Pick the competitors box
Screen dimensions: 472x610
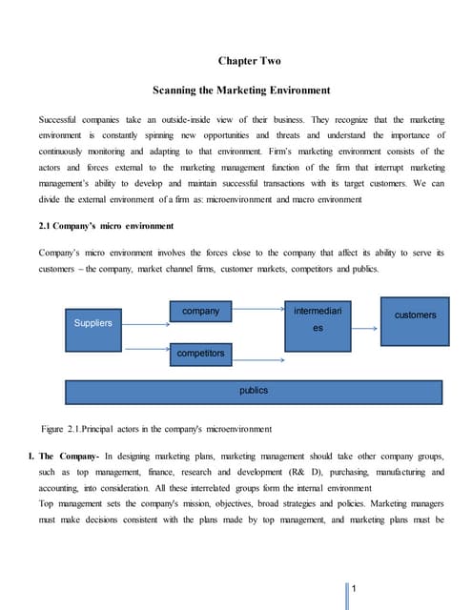point(200,354)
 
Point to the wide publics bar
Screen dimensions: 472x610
point(253,391)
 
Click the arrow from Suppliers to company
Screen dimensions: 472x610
point(144,313)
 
